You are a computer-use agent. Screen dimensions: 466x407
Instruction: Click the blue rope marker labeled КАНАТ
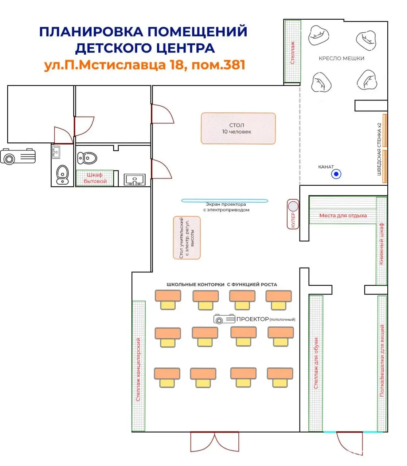pos(336,174)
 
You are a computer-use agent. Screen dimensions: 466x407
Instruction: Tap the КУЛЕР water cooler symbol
pos(293,214)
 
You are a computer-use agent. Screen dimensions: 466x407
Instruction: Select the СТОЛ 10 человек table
pos(238,129)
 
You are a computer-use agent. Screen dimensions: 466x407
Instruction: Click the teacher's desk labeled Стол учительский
pos(187,238)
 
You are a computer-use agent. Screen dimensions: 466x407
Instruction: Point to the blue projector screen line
pos(224,200)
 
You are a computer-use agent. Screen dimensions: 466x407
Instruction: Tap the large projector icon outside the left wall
pos(18,157)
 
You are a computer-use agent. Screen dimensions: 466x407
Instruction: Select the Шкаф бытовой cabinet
pos(95,178)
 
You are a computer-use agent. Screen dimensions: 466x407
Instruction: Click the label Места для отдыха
pos(343,216)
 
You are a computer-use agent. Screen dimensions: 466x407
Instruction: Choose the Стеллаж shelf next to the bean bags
pos(292,51)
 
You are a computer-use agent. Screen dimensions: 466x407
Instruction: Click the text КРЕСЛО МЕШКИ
pos(341,58)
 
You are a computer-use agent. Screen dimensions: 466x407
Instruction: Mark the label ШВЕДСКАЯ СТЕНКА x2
pos(379,149)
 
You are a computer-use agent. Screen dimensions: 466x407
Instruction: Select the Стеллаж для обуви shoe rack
pos(316,363)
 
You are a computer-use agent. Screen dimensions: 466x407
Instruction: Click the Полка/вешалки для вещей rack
pos(382,363)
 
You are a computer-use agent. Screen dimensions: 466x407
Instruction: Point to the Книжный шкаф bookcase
pos(381,241)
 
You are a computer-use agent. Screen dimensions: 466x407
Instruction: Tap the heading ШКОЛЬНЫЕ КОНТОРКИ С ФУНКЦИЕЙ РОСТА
pos(222,284)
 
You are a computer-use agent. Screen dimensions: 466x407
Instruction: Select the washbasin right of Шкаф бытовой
pos(134,179)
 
